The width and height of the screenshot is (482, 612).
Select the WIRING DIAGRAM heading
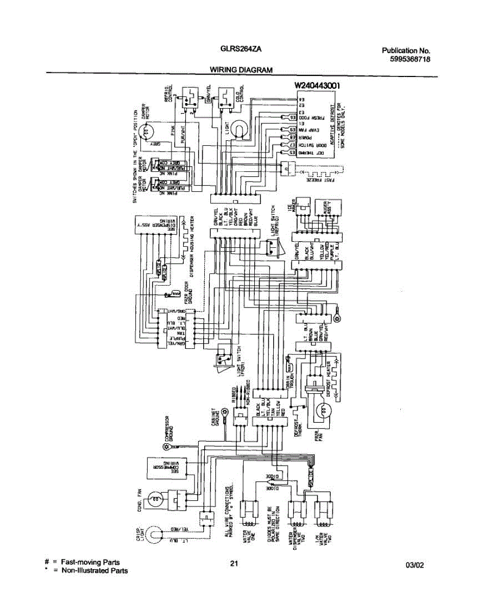(x=241, y=70)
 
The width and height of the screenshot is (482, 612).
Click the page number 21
(x=234, y=564)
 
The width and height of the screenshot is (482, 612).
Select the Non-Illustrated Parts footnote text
(x=94, y=571)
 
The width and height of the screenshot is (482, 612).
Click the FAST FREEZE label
(x=322, y=180)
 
